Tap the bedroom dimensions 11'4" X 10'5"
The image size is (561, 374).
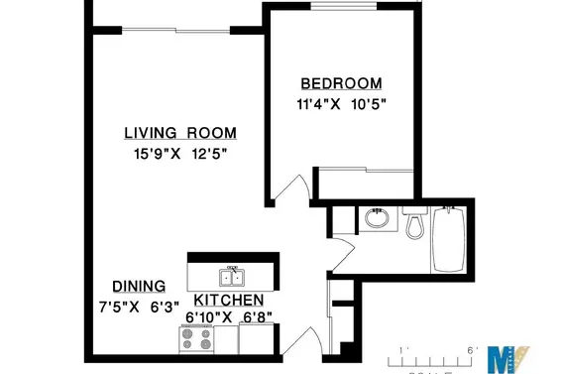341,103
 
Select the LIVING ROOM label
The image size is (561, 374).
180,133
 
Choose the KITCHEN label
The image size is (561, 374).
228,301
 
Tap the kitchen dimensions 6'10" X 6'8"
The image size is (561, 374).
229,318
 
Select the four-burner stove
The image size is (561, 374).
195,339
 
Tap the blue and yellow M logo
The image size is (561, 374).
512,356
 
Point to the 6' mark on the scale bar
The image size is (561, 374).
471,350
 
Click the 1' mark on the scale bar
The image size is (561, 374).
400,350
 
